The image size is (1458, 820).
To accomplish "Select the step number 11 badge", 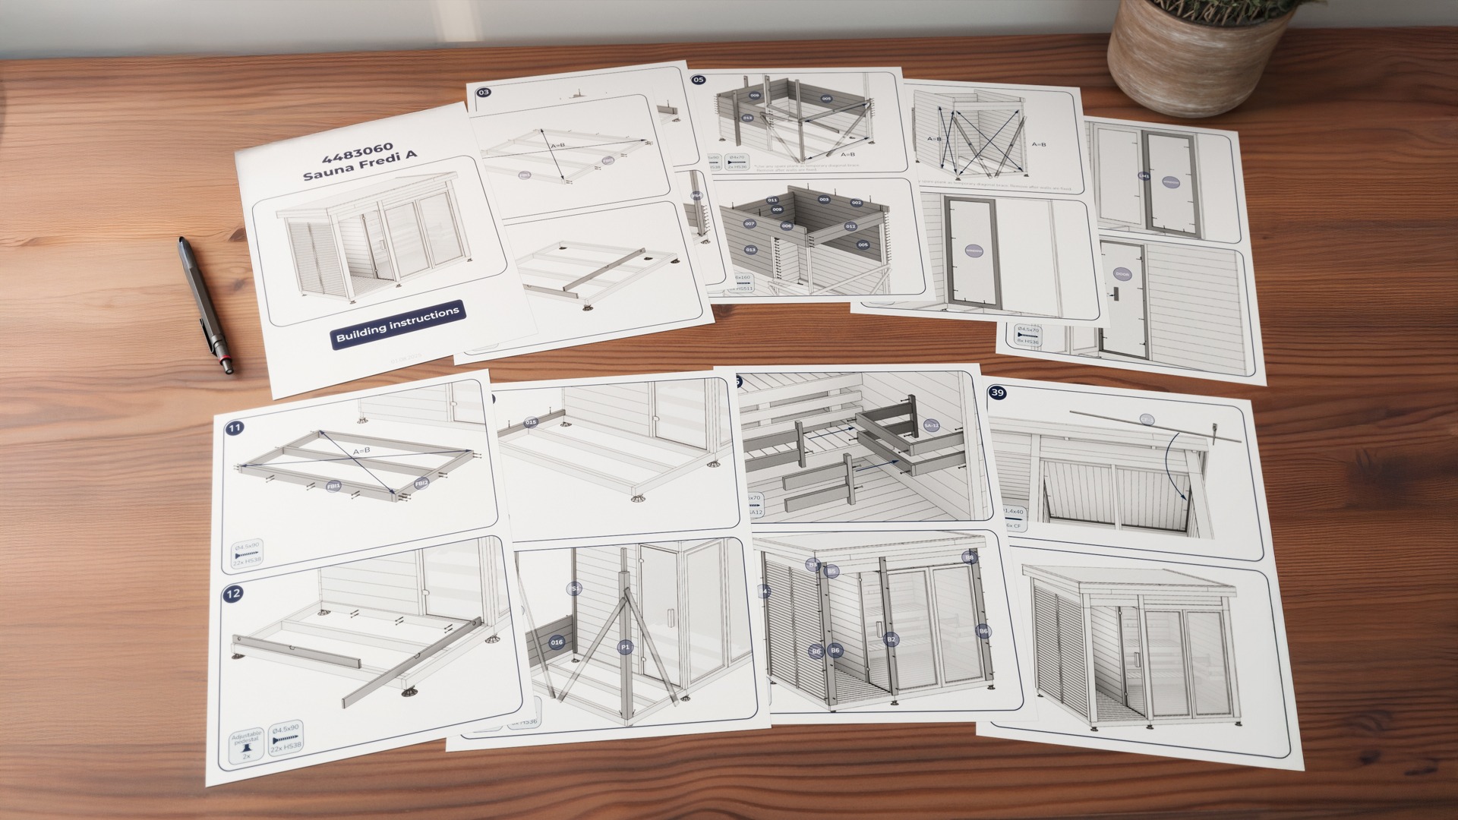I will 235,428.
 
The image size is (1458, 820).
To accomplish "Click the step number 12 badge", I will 232,593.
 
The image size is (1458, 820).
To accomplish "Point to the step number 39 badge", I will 997,393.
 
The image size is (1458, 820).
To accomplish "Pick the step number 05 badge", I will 698,79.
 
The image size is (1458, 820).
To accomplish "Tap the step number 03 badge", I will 484,93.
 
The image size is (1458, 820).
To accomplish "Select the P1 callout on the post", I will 625,647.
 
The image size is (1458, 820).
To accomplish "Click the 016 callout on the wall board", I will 557,642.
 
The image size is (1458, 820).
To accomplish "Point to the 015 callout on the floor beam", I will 531,422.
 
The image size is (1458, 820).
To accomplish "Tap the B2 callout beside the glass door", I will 892,639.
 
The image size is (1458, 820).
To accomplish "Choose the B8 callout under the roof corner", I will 969,558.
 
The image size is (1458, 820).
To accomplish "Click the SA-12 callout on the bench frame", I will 931,426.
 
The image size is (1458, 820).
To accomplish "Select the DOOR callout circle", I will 1122,274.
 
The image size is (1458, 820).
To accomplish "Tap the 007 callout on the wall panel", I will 750,224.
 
